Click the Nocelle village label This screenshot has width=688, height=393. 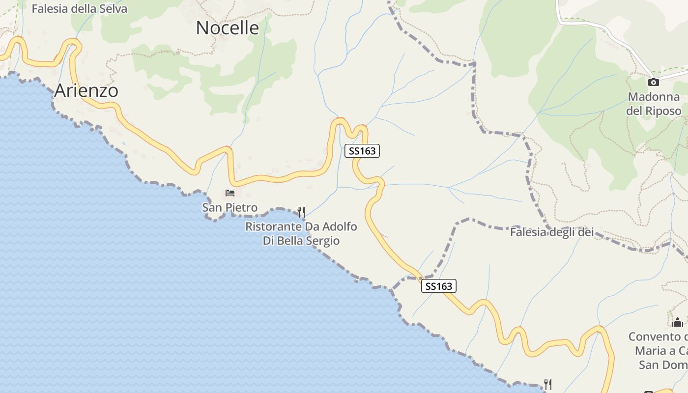tap(227, 28)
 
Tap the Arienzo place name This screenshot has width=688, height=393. tap(86, 91)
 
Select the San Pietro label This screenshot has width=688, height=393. tap(229, 208)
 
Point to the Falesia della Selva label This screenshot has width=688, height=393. tap(79, 9)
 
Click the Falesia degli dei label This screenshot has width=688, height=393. tap(552, 232)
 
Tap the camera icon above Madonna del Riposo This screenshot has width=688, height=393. tap(653, 82)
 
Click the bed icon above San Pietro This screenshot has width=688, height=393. tap(229, 193)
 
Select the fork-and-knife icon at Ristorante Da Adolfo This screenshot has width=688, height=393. tap(301, 212)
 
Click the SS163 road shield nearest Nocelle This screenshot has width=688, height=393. tap(362, 151)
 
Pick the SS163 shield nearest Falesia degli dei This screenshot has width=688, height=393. tap(439, 286)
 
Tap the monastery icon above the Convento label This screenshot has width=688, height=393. tap(678, 322)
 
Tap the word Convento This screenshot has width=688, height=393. tap(654, 337)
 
